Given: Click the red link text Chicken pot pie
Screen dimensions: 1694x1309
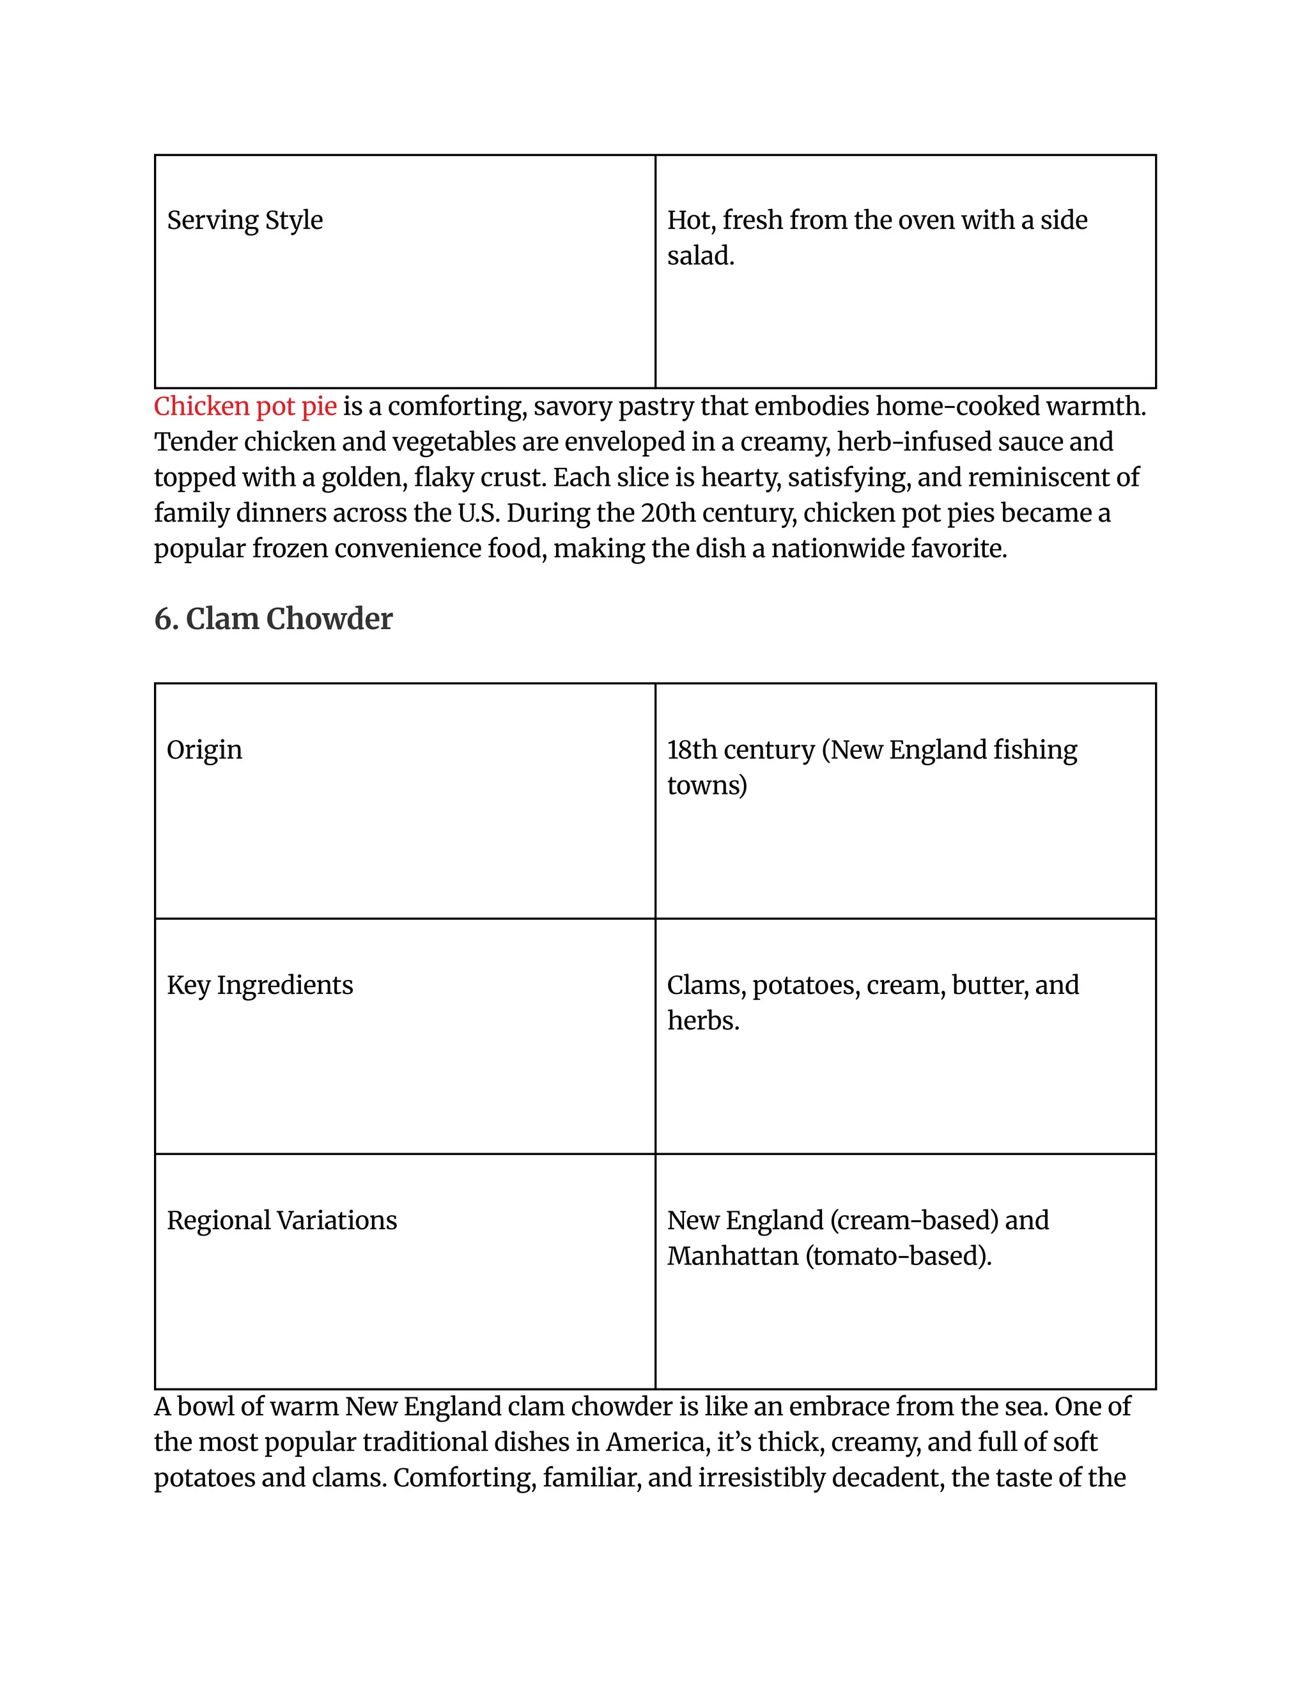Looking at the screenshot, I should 245,407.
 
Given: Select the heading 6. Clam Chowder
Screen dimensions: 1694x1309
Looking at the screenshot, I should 273,619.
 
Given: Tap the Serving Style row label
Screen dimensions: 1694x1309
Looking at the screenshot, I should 244,221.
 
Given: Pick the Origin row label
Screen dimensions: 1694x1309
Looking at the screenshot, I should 204,750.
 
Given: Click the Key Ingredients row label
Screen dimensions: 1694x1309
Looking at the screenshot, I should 259,985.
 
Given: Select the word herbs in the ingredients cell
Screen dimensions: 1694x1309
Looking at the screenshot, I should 702,1021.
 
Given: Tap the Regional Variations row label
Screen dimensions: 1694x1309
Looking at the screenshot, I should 281,1220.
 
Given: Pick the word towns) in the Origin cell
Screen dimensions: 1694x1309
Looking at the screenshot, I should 706,786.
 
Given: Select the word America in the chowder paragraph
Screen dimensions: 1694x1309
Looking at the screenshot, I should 656,1442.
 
